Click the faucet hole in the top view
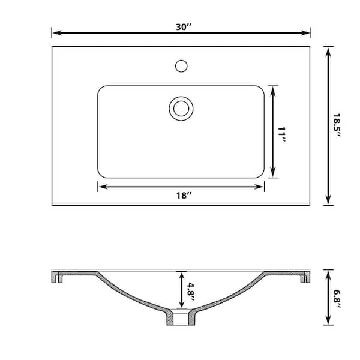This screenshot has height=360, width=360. (181, 64)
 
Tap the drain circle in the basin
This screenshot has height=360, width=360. (181, 108)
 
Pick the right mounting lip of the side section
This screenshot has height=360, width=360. (304, 277)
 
